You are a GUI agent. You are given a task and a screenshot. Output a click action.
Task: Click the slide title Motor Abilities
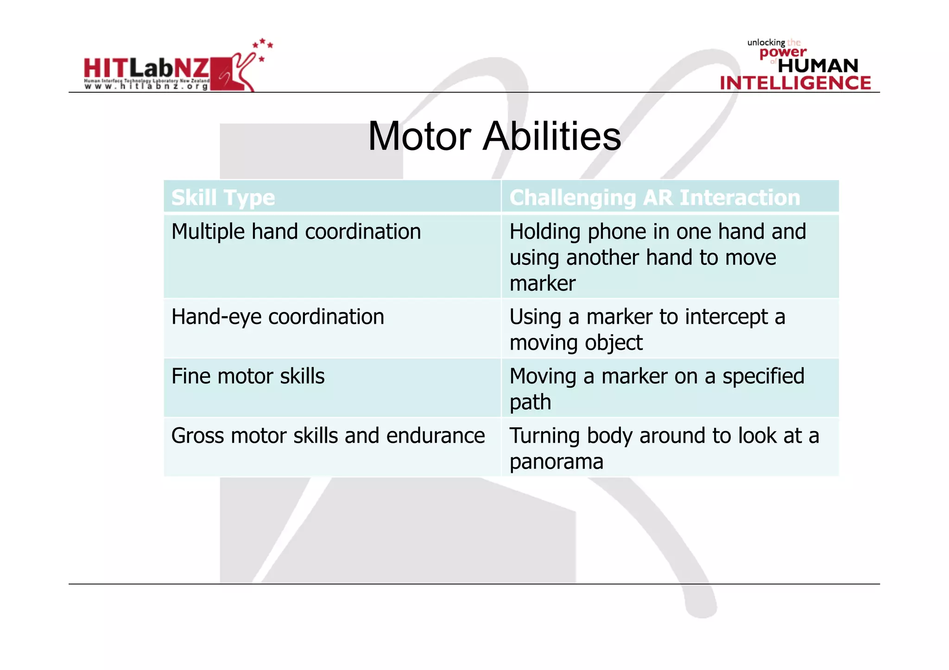(x=494, y=137)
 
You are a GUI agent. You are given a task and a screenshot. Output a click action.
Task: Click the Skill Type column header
(x=223, y=198)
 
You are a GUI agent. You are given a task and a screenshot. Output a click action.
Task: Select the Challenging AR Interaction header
(x=654, y=198)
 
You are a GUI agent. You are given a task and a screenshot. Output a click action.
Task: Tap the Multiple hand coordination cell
(x=296, y=232)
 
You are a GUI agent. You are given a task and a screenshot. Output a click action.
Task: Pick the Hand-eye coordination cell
(x=278, y=317)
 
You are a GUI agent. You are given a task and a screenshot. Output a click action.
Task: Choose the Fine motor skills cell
(x=248, y=376)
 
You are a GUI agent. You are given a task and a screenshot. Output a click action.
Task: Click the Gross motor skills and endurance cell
(x=328, y=436)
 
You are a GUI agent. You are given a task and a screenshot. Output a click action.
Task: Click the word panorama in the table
(x=556, y=462)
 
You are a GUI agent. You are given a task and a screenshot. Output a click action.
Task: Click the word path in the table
(x=530, y=402)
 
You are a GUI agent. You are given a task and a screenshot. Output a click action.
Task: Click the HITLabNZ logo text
(x=146, y=69)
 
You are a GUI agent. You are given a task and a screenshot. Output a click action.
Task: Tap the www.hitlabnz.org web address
(x=146, y=87)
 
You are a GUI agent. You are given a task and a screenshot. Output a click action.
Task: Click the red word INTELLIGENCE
(x=795, y=83)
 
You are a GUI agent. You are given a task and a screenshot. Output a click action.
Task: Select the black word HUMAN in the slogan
(x=818, y=66)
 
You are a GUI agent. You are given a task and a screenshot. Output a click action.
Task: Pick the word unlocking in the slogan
(x=766, y=43)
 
